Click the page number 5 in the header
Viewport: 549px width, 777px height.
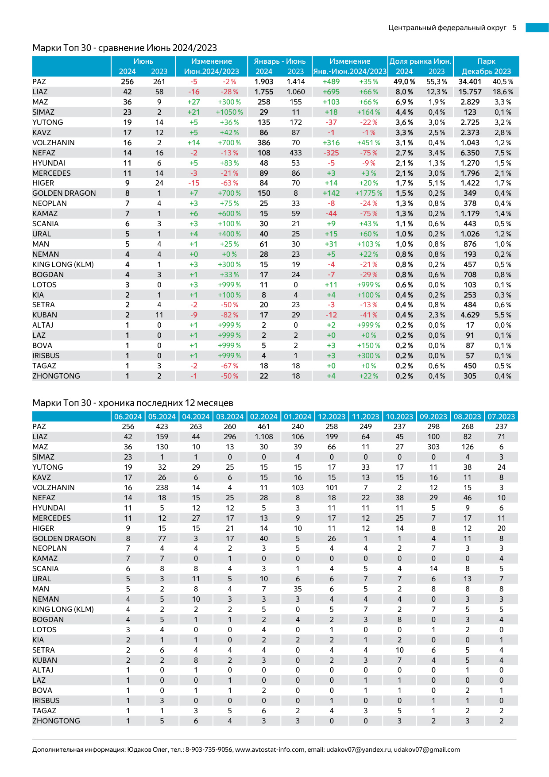[x=514, y=28]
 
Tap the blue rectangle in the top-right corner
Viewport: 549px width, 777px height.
[x=537, y=28]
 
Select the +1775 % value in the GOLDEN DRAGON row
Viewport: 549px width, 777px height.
[x=368, y=193]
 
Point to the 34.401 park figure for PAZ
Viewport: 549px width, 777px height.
[x=470, y=82]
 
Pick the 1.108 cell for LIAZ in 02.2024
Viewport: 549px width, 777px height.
[x=264, y=437]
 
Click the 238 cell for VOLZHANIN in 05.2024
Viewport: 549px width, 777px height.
[x=162, y=488]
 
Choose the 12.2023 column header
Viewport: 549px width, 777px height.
[x=332, y=417]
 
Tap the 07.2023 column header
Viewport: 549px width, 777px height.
[x=501, y=417]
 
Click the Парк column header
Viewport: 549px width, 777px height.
[x=486, y=62]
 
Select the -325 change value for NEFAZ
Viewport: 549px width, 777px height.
[x=331, y=153]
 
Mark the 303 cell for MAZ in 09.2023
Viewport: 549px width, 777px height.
[x=433, y=447]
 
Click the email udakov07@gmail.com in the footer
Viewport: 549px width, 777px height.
[x=427, y=750]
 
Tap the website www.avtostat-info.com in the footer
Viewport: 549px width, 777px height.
[x=270, y=750]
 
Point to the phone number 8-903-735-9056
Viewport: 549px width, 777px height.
[x=209, y=750]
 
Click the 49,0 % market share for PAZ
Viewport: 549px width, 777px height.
[x=404, y=82]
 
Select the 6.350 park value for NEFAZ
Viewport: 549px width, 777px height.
[x=470, y=153]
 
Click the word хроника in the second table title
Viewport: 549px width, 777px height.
[x=116, y=403]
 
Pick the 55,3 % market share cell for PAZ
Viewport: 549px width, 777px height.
[x=437, y=82]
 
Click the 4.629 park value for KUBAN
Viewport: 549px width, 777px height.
[x=470, y=315]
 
